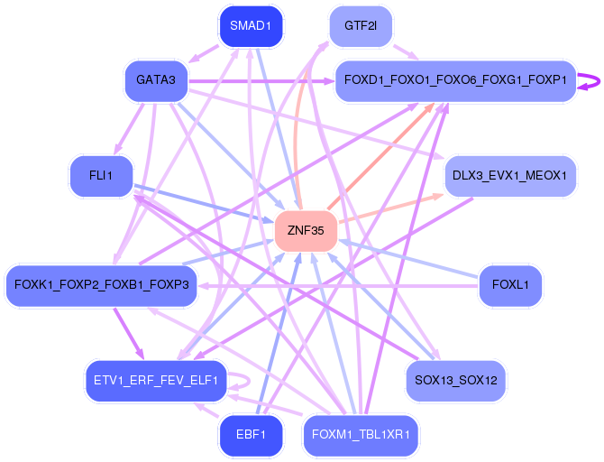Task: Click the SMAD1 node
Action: click(x=251, y=25)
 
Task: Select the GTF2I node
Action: click(x=360, y=25)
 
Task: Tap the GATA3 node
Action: click(x=155, y=81)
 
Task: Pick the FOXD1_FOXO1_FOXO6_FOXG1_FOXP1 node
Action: click(x=455, y=81)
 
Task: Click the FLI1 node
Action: click(x=101, y=175)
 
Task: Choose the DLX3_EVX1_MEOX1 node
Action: click(x=509, y=175)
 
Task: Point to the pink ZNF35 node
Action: click(x=306, y=231)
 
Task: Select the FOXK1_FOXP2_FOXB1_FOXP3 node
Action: click(x=101, y=285)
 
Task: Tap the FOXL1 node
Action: click(x=510, y=285)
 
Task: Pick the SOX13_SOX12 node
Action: click(x=456, y=380)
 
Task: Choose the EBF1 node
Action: click(x=251, y=435)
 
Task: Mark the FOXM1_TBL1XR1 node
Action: click(x=361, y=435)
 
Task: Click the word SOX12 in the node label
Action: click(x=479, y=380)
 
